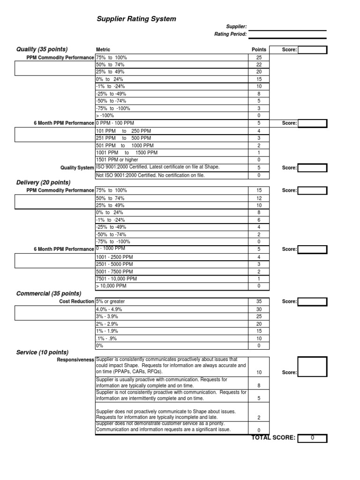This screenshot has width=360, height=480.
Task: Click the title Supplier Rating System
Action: (x=136, y=19)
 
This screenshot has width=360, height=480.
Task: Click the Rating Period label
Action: (x=230, y=34)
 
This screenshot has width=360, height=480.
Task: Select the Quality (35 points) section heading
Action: (x=42, y=49)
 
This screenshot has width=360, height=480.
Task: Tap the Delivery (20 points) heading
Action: (x=43, y=182)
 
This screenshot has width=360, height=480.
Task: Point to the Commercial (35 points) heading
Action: (x=48, y=293)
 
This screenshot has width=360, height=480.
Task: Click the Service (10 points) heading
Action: (x=42, y=352)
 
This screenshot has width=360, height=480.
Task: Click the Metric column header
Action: (x=103, y=50)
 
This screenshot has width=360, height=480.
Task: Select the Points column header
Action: (x=259, y=50)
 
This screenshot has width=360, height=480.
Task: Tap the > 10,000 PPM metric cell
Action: (x=112, y=285)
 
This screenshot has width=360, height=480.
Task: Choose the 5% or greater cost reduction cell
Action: (x=111, y=301)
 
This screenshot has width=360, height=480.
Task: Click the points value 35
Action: (x=259, y=301)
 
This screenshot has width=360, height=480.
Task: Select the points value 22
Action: (x=259, y=65)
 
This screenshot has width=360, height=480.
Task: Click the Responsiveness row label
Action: (x=75, y=360)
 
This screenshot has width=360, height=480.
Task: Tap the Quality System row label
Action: (x=77, y=167)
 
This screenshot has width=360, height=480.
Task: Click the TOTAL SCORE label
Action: (x=273, y=438)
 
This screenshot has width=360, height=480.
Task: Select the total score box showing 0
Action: (x=312, y=438)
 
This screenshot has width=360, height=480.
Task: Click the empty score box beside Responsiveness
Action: (x=312, y=367)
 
